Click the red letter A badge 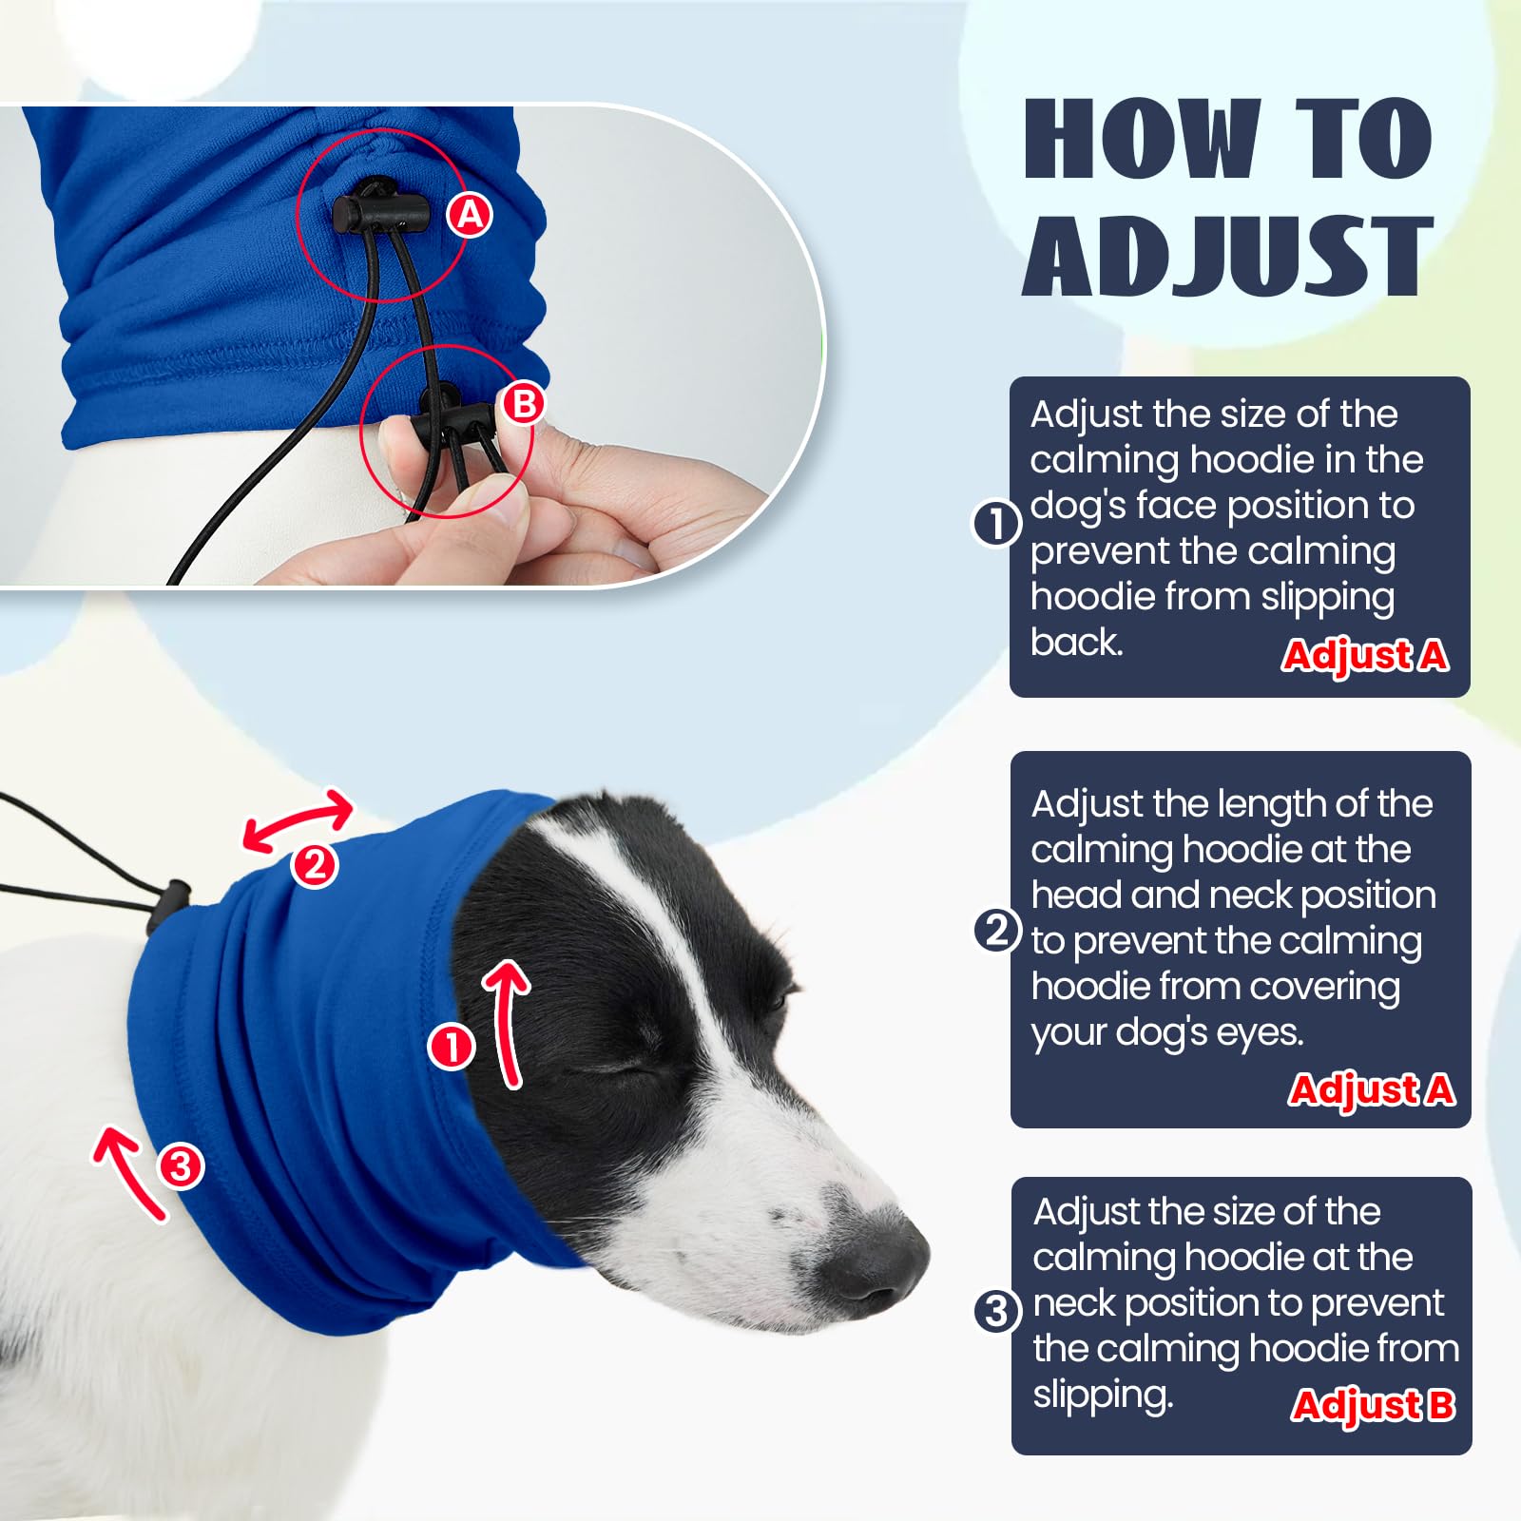pyautogui.click(x=471, y=216)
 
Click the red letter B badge pyautogui.click(x=524, y=404)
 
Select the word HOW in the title pyautogui.click(x=1142, y=140)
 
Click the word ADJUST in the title pyautogui.click(x=1227, y=256)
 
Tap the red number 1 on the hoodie pyautogui.click(x=452, y=1047)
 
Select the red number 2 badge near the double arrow pyautogui.click(x=315, y=865)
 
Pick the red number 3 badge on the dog pyautogui.click(x=181, y=1166)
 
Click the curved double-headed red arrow pyautogui.click(x=298, y=818)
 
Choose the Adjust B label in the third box pyautogui.click(x=1373, y=1405)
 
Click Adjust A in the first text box pyautogui.click(x=1364, y=655)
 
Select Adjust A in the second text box pyautogui.click(x=1371, y=1089)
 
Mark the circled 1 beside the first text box pyautogui.click(x=996, y=524)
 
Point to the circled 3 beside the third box pyautogui.click(x=997, y=1312)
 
